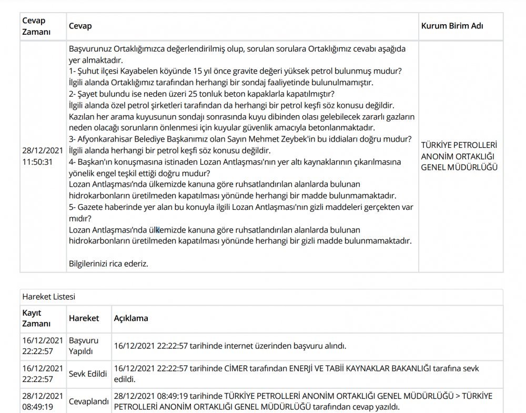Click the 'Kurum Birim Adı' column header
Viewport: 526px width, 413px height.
tap(452, 26)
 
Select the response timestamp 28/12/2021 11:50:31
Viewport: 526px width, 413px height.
tap(43, 156)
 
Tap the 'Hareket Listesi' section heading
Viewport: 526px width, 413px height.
tap(48, 297)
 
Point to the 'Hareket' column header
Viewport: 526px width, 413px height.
tap(84, 318)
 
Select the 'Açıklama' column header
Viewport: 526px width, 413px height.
tap(131, 318)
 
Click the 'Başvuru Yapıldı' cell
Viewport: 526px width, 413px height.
tap(84, 346)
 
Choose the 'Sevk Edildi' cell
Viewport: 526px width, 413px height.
tap(88, 374)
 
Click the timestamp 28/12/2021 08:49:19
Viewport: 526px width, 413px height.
tap(43, 401)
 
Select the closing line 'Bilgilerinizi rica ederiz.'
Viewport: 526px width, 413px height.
tap(109, 264)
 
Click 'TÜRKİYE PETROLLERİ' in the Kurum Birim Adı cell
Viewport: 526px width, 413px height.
tap(459, 145)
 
